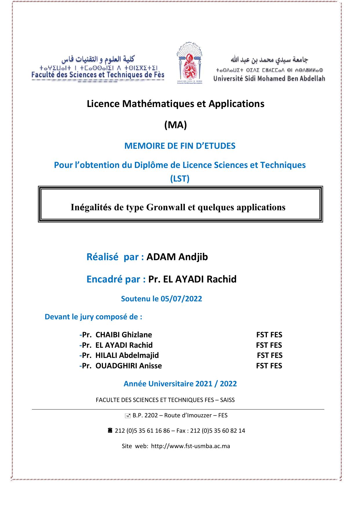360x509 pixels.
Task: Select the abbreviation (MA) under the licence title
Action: click(176, 125)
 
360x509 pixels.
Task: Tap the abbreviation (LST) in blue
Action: click(180, 179)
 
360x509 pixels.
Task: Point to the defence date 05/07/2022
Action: click(181, 299)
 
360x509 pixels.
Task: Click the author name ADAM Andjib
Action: click(177, 257)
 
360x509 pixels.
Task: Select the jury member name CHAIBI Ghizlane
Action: click(124, 335)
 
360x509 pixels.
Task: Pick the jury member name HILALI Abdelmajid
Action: click(127, 355)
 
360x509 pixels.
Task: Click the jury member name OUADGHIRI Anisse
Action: click(129, 366)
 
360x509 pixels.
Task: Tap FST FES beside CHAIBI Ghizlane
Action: click(269, 335)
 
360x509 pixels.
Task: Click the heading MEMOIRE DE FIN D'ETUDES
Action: click(180, 146)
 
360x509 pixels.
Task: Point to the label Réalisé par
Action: click(115, 257)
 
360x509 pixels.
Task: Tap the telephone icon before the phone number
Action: click(110, 431)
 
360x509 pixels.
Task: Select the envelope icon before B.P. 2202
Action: click(127, 416)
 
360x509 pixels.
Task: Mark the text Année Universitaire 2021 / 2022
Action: click(180, 384)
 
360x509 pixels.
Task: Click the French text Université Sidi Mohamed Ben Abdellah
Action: click(269, 78)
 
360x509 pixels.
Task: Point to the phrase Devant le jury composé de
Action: click(93, 317)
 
